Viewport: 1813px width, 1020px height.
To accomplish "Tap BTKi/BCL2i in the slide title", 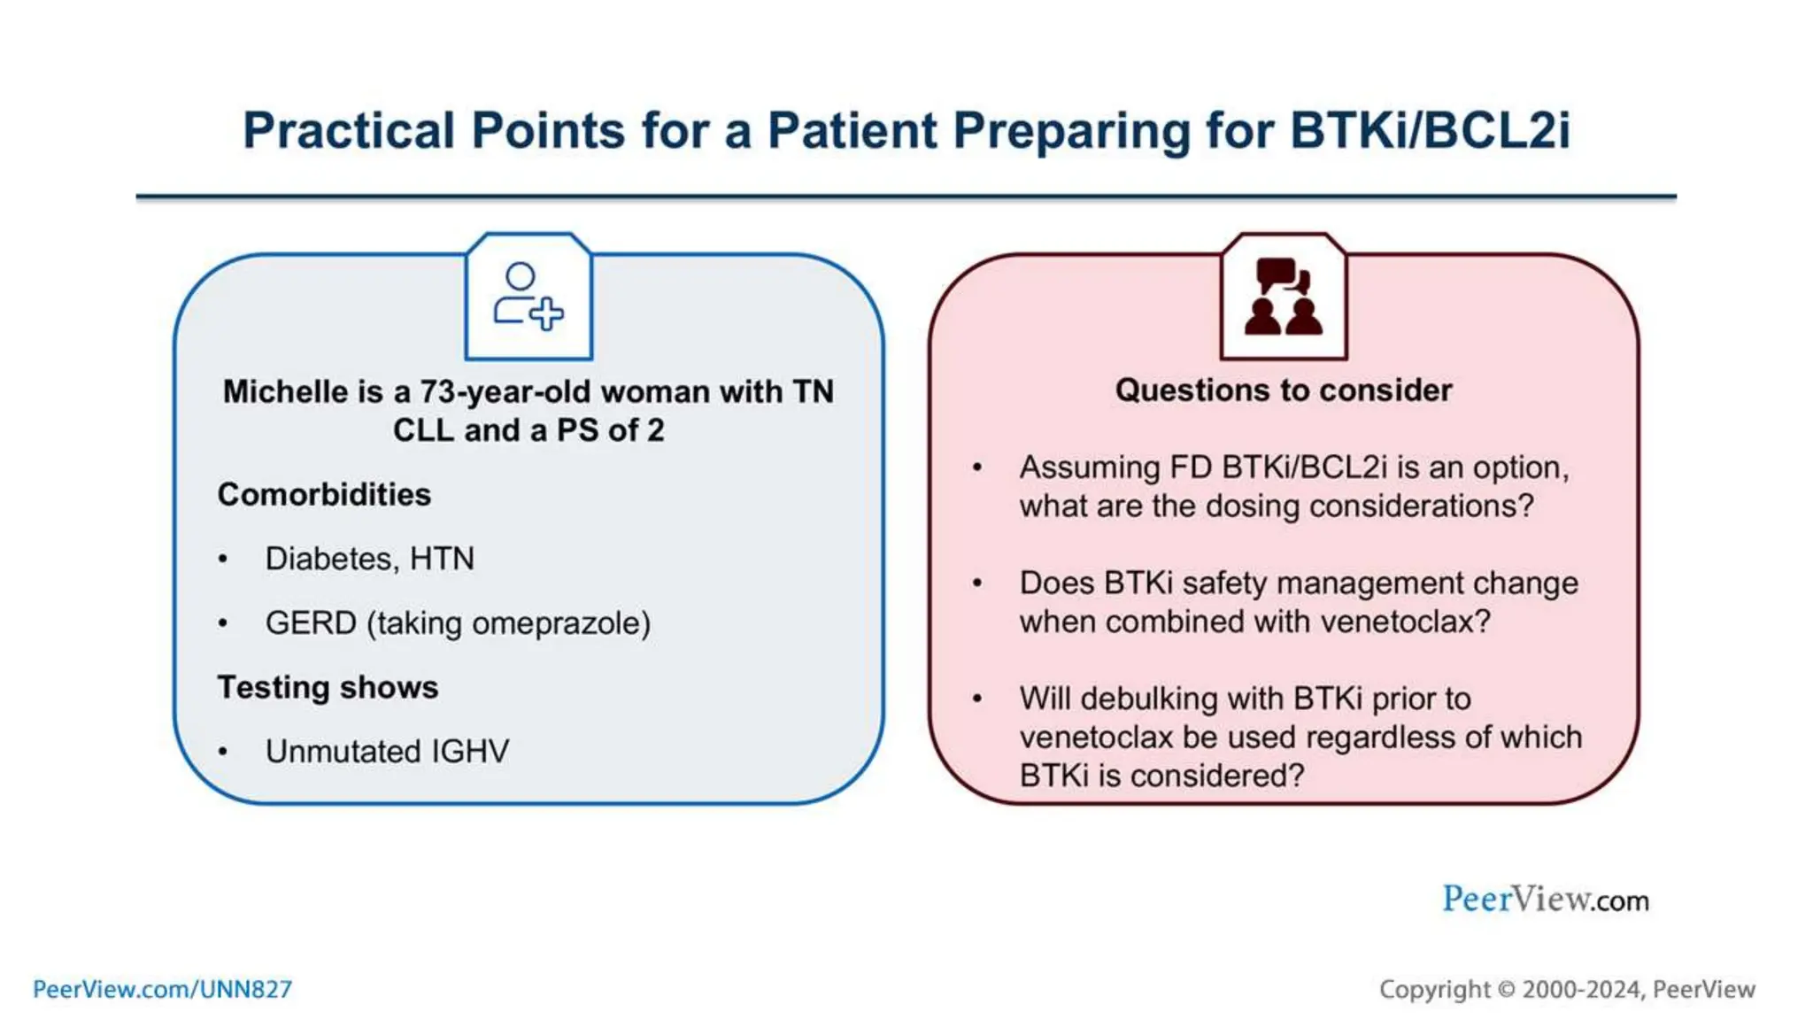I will (x=1429, y=131).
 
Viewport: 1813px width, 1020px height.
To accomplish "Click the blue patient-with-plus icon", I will (x=528, y=297).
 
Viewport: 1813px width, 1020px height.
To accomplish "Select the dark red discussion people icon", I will (x=1283, y=297).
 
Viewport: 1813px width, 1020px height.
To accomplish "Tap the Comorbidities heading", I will (x=324, y=494).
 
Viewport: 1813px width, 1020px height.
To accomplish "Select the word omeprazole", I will (x=560, y=623).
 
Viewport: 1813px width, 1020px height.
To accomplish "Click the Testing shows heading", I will (x=328, y=687).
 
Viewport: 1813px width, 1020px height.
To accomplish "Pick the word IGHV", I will (x=470, y=752).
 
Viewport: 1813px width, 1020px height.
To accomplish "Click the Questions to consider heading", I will (x=1283, y=390).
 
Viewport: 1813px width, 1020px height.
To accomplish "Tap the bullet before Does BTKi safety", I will (x=977, y=583).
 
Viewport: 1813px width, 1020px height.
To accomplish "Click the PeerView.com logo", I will (x=1545, y=899).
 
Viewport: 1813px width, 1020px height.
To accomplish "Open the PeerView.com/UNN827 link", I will (x=162, y=989).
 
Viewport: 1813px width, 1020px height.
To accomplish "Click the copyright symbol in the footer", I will (x=1506, y=989).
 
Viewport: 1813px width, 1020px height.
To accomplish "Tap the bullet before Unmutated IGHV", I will (x=223, y=752).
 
